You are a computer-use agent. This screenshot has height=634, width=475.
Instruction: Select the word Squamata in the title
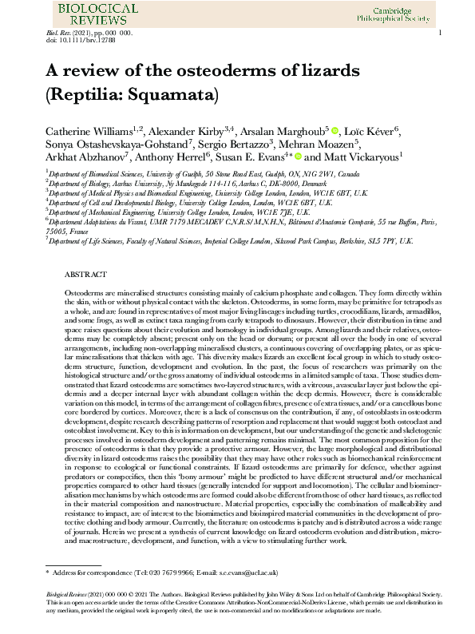pyautogui.click(x=178, y=94)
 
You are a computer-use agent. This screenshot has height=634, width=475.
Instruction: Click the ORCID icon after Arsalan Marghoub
pyautogui.click(x=335, y=130)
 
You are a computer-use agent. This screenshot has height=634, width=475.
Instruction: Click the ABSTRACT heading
pyautogui.click(x=86, y=274)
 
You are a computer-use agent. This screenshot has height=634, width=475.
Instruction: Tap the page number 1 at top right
pyautogui.click(x=441, y=33)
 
